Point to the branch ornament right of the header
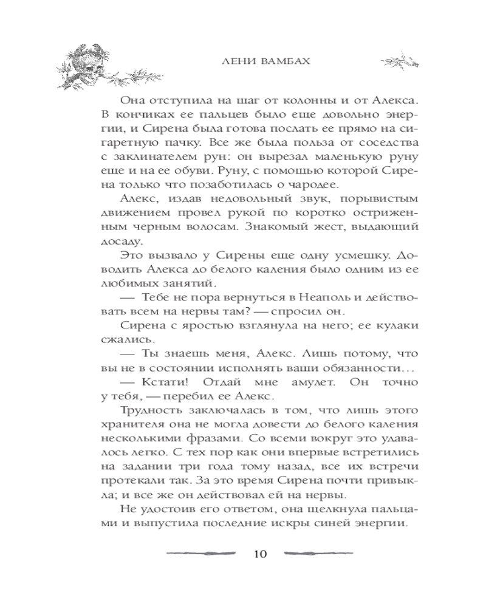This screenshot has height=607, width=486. point(399,61)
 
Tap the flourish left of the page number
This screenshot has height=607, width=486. point(200,554)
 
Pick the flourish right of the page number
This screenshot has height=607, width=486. point(318,554)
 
